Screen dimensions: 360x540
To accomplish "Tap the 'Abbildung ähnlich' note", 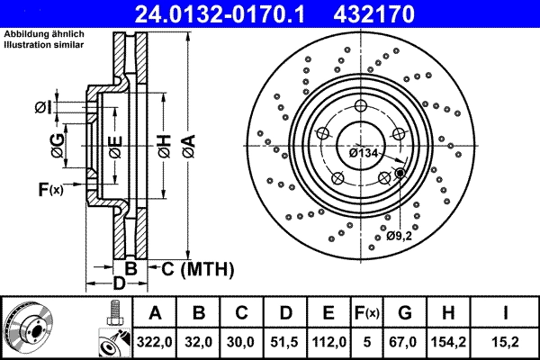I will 44,33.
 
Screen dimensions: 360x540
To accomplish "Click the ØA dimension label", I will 188,142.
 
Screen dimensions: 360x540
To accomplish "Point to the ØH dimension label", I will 163,142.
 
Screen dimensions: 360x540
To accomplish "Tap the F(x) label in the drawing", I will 50,189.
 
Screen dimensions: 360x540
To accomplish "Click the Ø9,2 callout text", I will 400,236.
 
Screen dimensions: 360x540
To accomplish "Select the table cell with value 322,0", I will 155,341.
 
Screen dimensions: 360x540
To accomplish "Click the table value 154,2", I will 447,341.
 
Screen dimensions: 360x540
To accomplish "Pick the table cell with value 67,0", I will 405,341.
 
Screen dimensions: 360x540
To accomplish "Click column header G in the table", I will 405,313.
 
